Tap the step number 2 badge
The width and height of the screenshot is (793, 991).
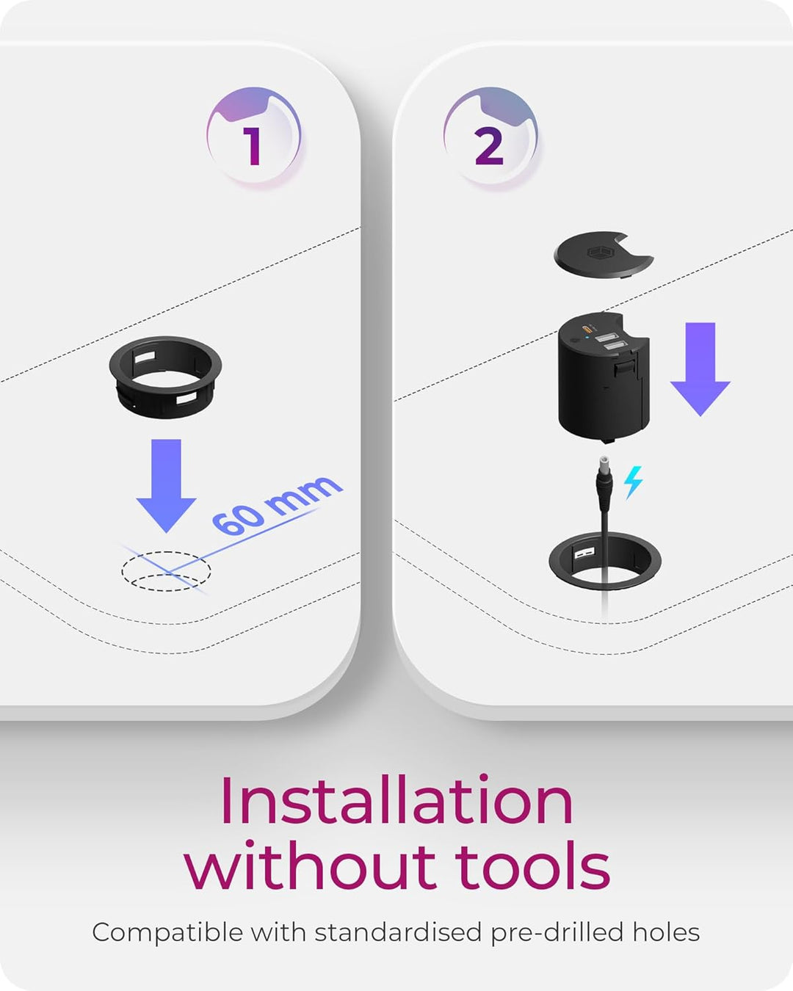click(490, 137)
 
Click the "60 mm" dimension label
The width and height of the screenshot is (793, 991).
click(277, 505)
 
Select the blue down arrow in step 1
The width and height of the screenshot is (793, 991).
click(167, 485)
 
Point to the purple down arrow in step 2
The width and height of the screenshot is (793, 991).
click(700, 369)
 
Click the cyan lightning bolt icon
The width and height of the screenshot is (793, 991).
click(633, 482)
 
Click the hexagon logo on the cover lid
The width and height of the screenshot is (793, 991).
click(600, 253)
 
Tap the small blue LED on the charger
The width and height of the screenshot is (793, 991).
click(587, 338)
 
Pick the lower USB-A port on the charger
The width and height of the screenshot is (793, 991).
click(615, 346)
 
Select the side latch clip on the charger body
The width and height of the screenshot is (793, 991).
click(624, 368)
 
